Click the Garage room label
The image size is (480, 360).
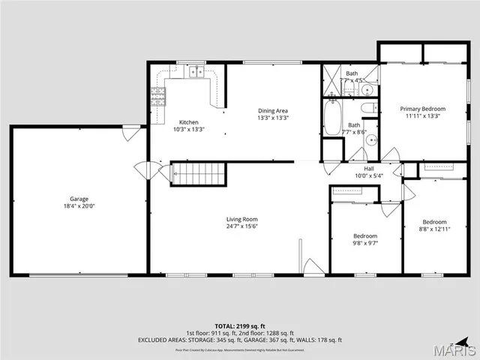pyautogui.click(x=79, y=199)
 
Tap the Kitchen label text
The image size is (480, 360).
pyautogui.click(x=188, y=121)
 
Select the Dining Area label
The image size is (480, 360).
pyautogui.click(x=273, y=110)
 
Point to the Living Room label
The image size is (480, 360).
pyautogui.click(x=242, y=219)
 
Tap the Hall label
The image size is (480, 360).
pyautogui.click(x=369, y=169)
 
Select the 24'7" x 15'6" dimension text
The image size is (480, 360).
pyautogui.click(x=242, y=226)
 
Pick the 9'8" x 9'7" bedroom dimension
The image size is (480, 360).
pyautogui.click(x=365, y=243)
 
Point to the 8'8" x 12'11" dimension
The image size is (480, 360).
pyautogui.click(x=434, y=229)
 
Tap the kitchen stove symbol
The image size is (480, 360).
pyautogui.click(x=158, y=95)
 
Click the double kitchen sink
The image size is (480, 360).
pyautogui.click(x=196, y=72)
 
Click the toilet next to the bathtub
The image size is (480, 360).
pyautogui.click(x=370, y=109)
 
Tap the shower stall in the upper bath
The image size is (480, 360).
pyautogui.click(x=331, y=80)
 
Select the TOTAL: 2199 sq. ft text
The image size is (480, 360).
pyautogui.click(x=240, y=325)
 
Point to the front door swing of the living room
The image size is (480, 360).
pyautogui.click(x=312, y=267)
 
